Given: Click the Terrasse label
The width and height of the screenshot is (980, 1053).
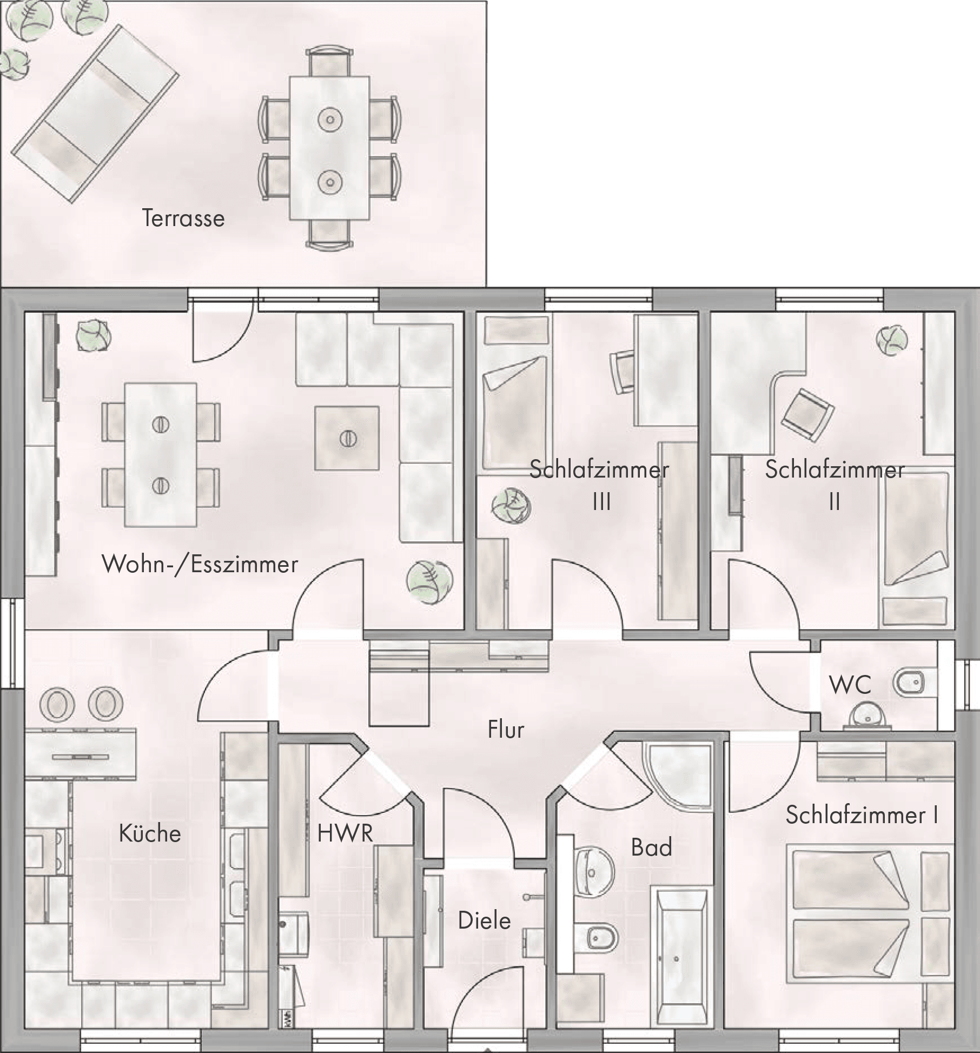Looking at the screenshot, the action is click(x=183, y=218).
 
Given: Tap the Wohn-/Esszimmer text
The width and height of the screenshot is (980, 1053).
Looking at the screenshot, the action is click(x=200, y=565).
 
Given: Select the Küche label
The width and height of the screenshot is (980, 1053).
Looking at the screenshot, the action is click(x=150, y=833).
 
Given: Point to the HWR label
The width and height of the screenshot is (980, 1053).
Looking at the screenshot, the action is click(x=345, y=833).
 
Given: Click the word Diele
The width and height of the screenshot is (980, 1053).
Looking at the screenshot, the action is click(x=485, y=920).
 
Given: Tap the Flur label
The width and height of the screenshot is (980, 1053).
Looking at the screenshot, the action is click(x=506, y=730).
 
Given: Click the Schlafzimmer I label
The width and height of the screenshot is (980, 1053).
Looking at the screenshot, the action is click(x=862, y=815).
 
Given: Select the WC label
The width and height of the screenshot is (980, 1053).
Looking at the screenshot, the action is click(x=850, y=685).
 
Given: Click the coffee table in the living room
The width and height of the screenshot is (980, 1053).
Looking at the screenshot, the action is click(x=347, y=438).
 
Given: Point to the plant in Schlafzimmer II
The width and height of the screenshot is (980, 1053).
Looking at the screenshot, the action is click(x=892, y=340).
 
